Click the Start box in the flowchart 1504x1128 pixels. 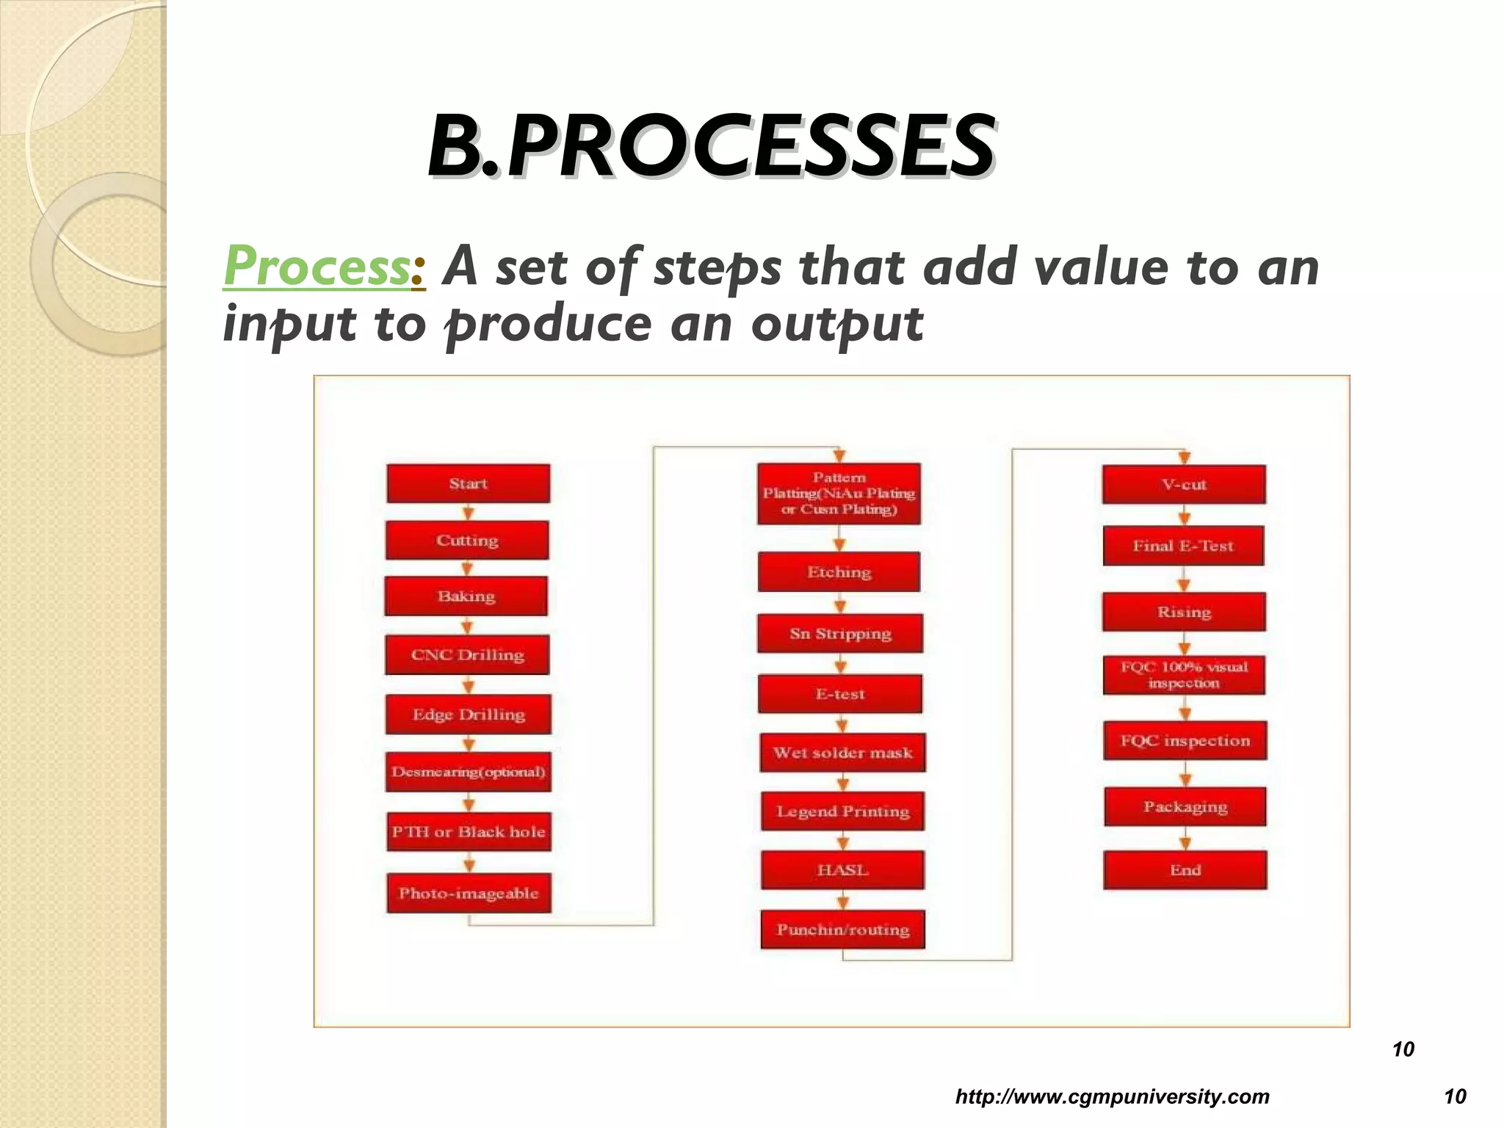tap(468, 483)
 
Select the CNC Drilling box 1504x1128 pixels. tap(467, 654)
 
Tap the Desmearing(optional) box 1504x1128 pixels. tap(468, 772)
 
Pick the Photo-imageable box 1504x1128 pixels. tap(469, 893)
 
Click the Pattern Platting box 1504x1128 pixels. tap(839, 493)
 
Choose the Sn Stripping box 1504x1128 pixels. tap(840, 634)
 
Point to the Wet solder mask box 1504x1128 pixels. tap(842, 753)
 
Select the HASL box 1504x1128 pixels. tap(842, 870)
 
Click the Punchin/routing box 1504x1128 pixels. tap(842, 930)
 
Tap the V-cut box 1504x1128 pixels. tap(1184, 485)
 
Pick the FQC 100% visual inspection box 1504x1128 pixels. tap(1184, 675)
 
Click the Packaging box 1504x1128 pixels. tap(1185, 806)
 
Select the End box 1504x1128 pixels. tap(1185, 870)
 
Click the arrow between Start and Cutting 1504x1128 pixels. tap(469, 512)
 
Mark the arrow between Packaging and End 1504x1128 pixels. tap(1185, 839)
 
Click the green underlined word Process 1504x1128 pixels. tap(317, 267)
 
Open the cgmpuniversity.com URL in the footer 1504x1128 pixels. tap(1112, 1097)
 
